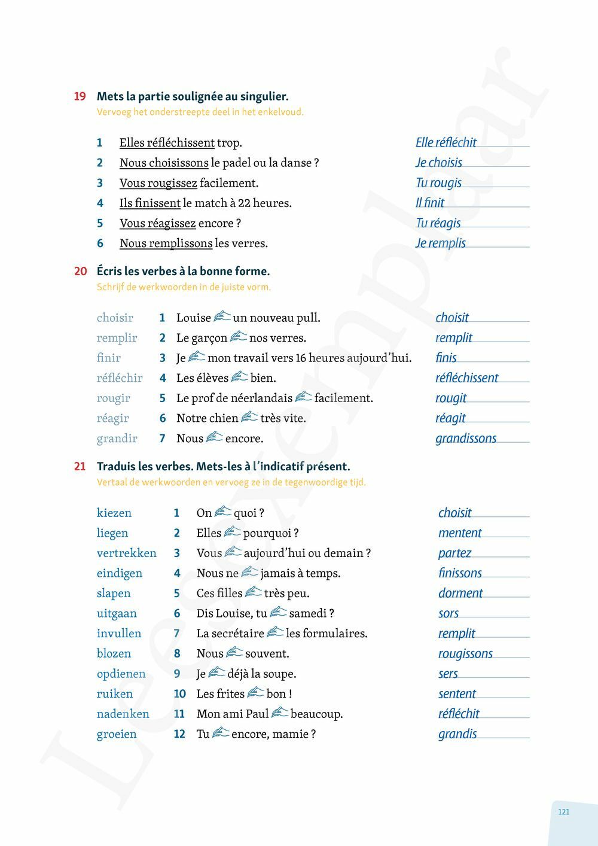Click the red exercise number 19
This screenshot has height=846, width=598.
click(x=80, y=96)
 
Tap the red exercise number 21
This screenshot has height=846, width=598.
click(x=80, y=467)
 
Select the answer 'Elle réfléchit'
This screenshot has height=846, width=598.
click(x=446, y=142)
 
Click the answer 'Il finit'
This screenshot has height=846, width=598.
click(x=429, y=203)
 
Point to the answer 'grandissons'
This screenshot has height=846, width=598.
click(x=465, y=439)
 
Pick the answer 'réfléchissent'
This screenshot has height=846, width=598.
click(x=466, y=378)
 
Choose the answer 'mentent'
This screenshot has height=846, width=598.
click(x=459, y=533)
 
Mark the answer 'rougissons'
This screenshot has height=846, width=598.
click(x=465, y=654)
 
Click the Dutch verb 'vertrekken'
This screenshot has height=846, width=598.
click(x=126, y=553)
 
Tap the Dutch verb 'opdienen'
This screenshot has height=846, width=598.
click(x=121, y=674)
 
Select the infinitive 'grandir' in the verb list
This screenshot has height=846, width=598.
click(x=117, y=439)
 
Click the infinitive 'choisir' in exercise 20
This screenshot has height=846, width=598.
click(x=115, y=318)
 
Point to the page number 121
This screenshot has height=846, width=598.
click(x=563, y=812)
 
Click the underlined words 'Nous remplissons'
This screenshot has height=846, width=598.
click(x=166, y=244)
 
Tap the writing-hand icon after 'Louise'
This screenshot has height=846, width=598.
click(x=222, y=317)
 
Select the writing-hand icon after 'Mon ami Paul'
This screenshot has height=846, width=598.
click(x=279, y=713)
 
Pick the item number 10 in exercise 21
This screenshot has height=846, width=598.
click(x=179, y=694)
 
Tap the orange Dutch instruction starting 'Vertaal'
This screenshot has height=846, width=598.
click(x=231, y=482)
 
